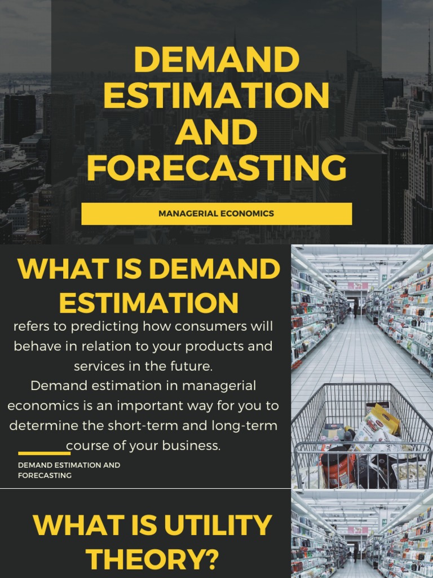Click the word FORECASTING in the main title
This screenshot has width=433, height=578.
(216, 168)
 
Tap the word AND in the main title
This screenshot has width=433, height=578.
(216, 132)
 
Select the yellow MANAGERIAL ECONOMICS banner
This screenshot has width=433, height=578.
(216, 214)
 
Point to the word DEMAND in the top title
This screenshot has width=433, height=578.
(216, 59)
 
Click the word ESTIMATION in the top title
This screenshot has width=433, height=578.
(216, 95)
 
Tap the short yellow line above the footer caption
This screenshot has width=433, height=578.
(44, 453)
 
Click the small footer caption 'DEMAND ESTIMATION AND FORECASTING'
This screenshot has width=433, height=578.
(69, 470)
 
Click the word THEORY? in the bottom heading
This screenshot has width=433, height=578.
(152, 561)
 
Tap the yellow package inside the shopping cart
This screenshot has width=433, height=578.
(383, 419)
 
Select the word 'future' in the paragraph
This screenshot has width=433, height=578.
(192, 366)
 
